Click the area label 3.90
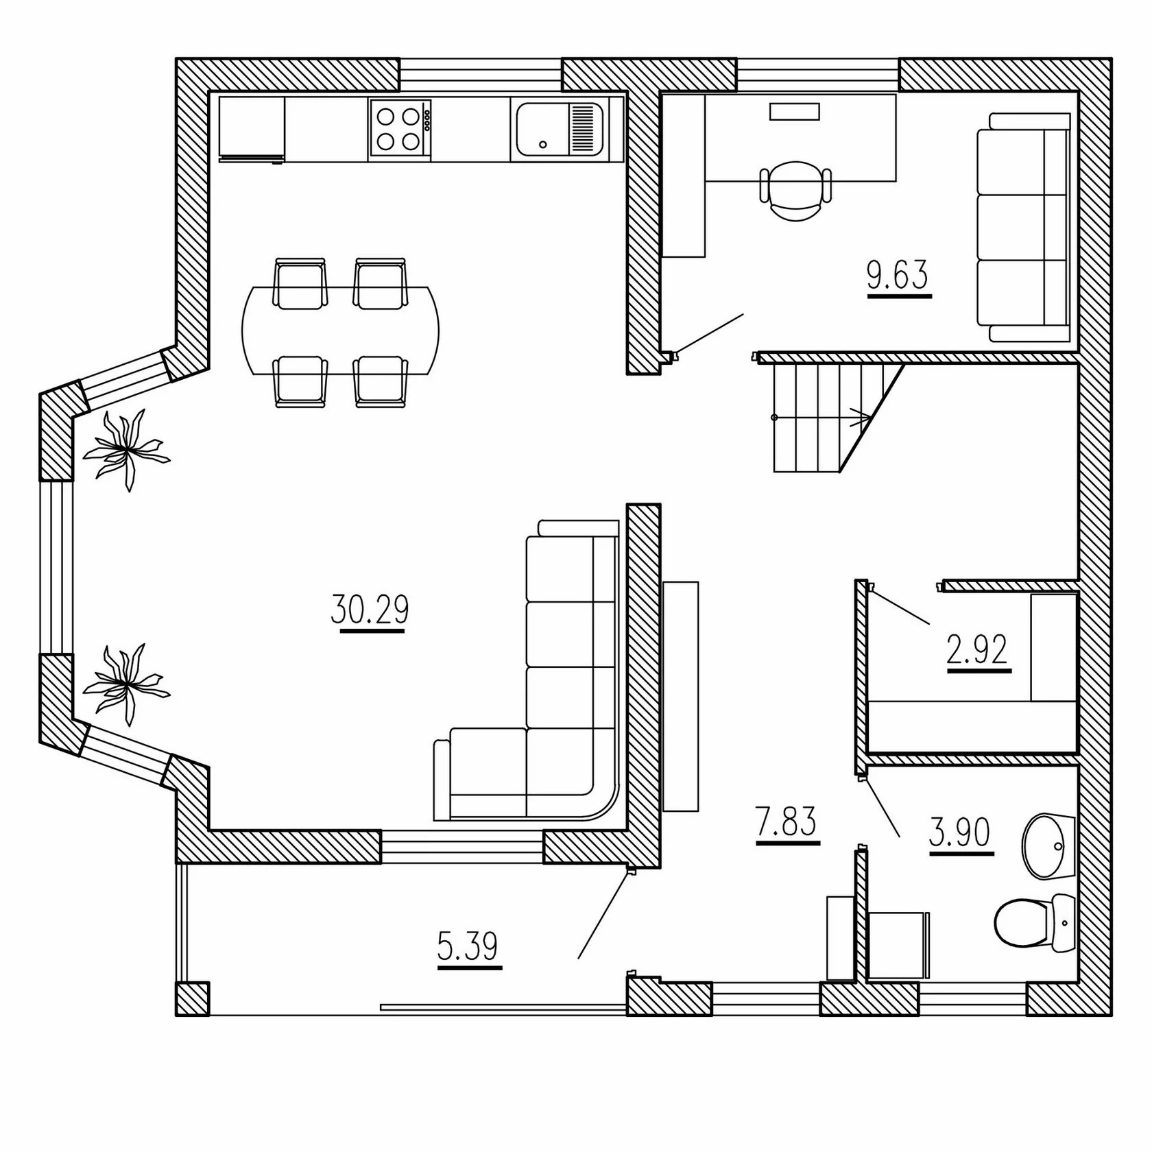[x=960, y=833]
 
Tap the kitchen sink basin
[x=560, y=130]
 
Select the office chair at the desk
[x=796, y=190]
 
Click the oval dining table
[x=341, y=331]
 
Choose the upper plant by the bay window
[x=126, y=449]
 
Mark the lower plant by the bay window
[x=126, y=684]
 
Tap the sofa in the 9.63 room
[x=1023, y=226]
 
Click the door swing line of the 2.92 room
[x=900, y=605]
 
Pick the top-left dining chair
[x=300, y=283]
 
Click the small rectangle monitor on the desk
[x=795, y=112]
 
